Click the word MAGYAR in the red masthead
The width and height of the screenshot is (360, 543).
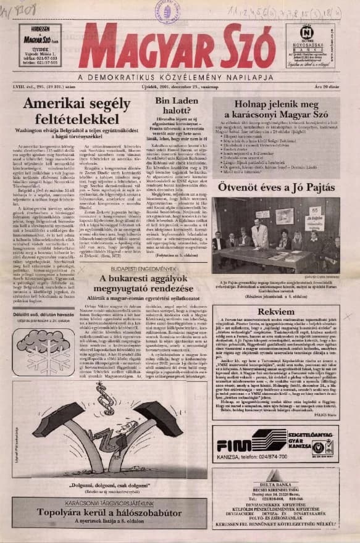coord(133,47)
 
